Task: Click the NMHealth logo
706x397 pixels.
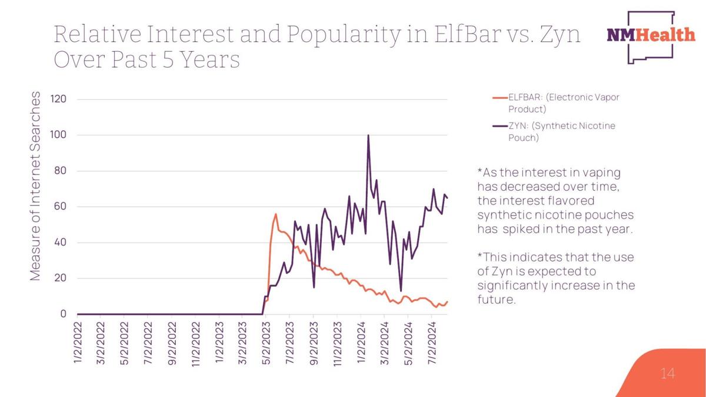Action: [x=651, y=37]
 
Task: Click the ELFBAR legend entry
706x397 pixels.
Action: [x=557, y=103]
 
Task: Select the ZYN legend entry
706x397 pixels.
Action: [x=554, y=131]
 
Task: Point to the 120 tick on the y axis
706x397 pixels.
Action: [x=58, y=99]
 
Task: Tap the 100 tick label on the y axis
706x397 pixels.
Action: [x=58, y=135]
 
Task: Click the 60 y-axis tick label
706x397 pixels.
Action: [x=60, y=206]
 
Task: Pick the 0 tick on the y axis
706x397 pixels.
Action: [x=64, y=314]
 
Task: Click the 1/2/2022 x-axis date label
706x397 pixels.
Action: [x=78, y=342]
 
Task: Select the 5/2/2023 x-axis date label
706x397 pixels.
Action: [x=266, y=343]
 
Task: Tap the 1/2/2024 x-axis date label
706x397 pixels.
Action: [x=361, y=342]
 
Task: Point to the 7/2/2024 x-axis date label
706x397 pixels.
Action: [x=432, y=343]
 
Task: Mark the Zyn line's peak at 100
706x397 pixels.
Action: [x=368, y=135]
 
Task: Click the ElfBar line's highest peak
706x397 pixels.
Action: [x=276, y=214]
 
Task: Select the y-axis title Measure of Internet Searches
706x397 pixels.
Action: [x=35, y=186]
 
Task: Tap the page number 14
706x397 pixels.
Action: [x=667, y=373]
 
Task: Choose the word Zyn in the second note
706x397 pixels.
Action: [x=502, y=272]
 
